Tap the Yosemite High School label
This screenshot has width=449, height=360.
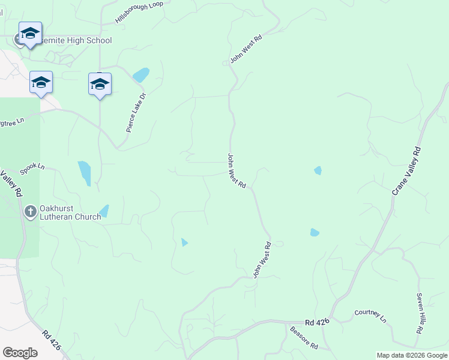74,41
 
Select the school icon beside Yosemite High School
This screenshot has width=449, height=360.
29,34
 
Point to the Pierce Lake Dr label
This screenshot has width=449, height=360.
136,112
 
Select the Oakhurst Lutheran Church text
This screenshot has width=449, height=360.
70,213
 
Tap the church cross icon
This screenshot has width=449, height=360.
31,211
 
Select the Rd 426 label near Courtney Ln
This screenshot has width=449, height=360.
318,322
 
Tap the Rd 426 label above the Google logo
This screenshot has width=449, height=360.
52,340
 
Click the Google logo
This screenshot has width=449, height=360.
20,353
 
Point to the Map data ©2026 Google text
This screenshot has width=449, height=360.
411,355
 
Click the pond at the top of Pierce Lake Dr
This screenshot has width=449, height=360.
141,75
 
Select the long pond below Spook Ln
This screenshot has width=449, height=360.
85,173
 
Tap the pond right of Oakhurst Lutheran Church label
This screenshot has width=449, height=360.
104,211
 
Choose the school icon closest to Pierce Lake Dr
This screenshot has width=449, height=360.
100,84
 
